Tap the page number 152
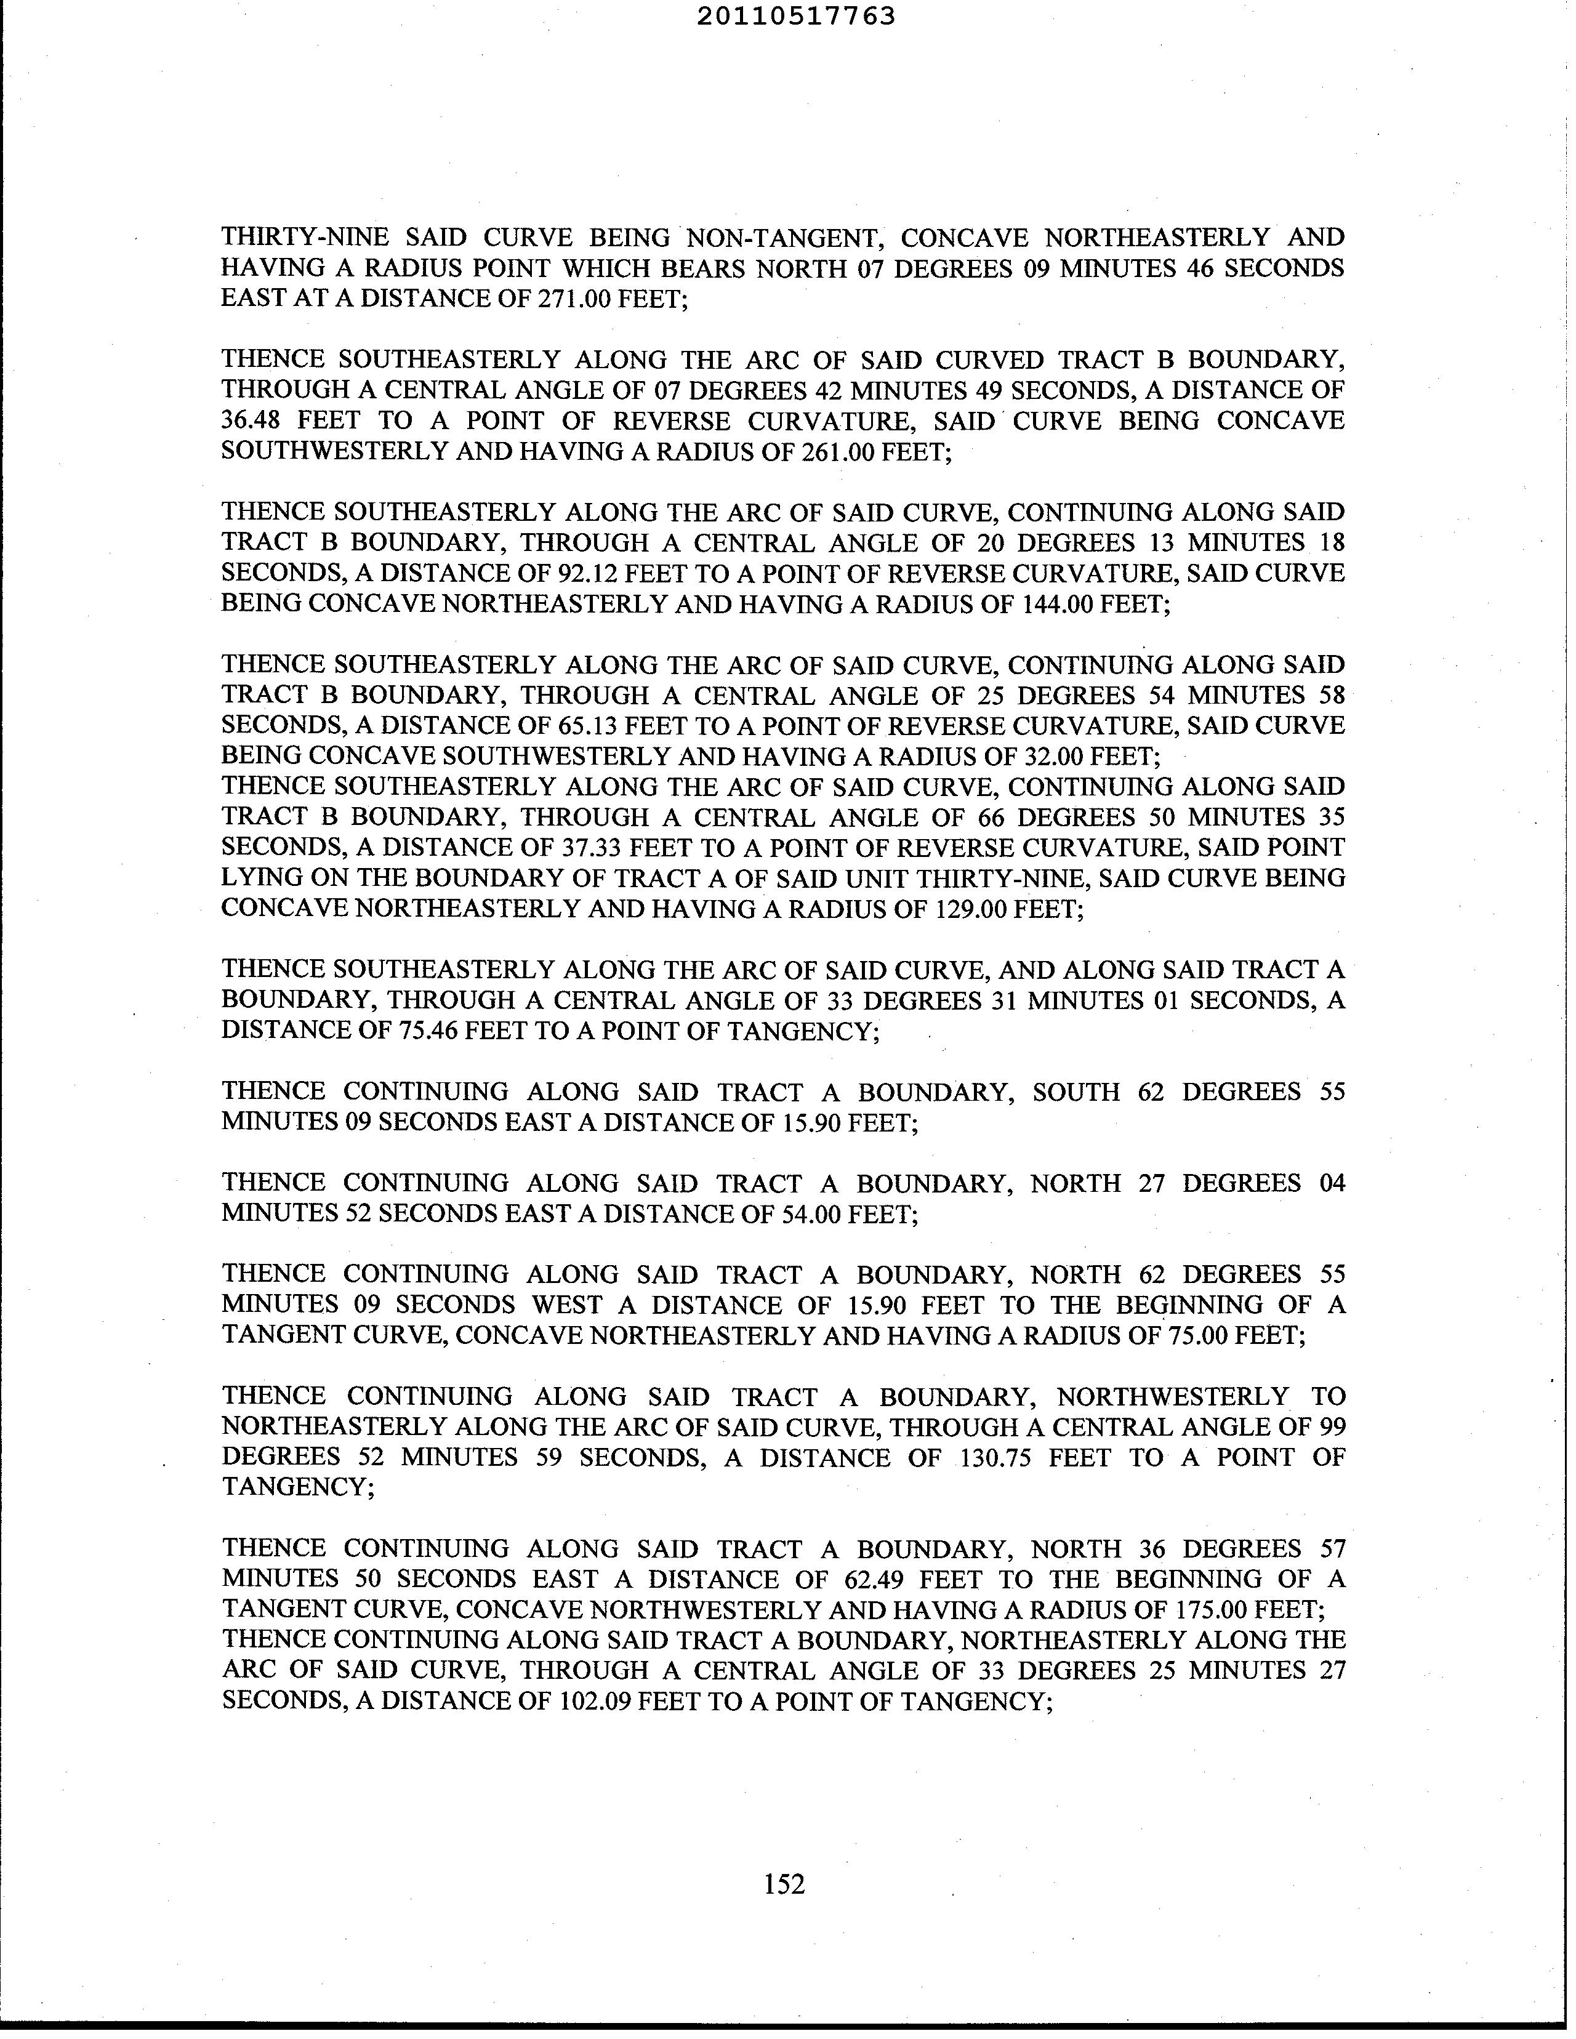(x=784, y=1884)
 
